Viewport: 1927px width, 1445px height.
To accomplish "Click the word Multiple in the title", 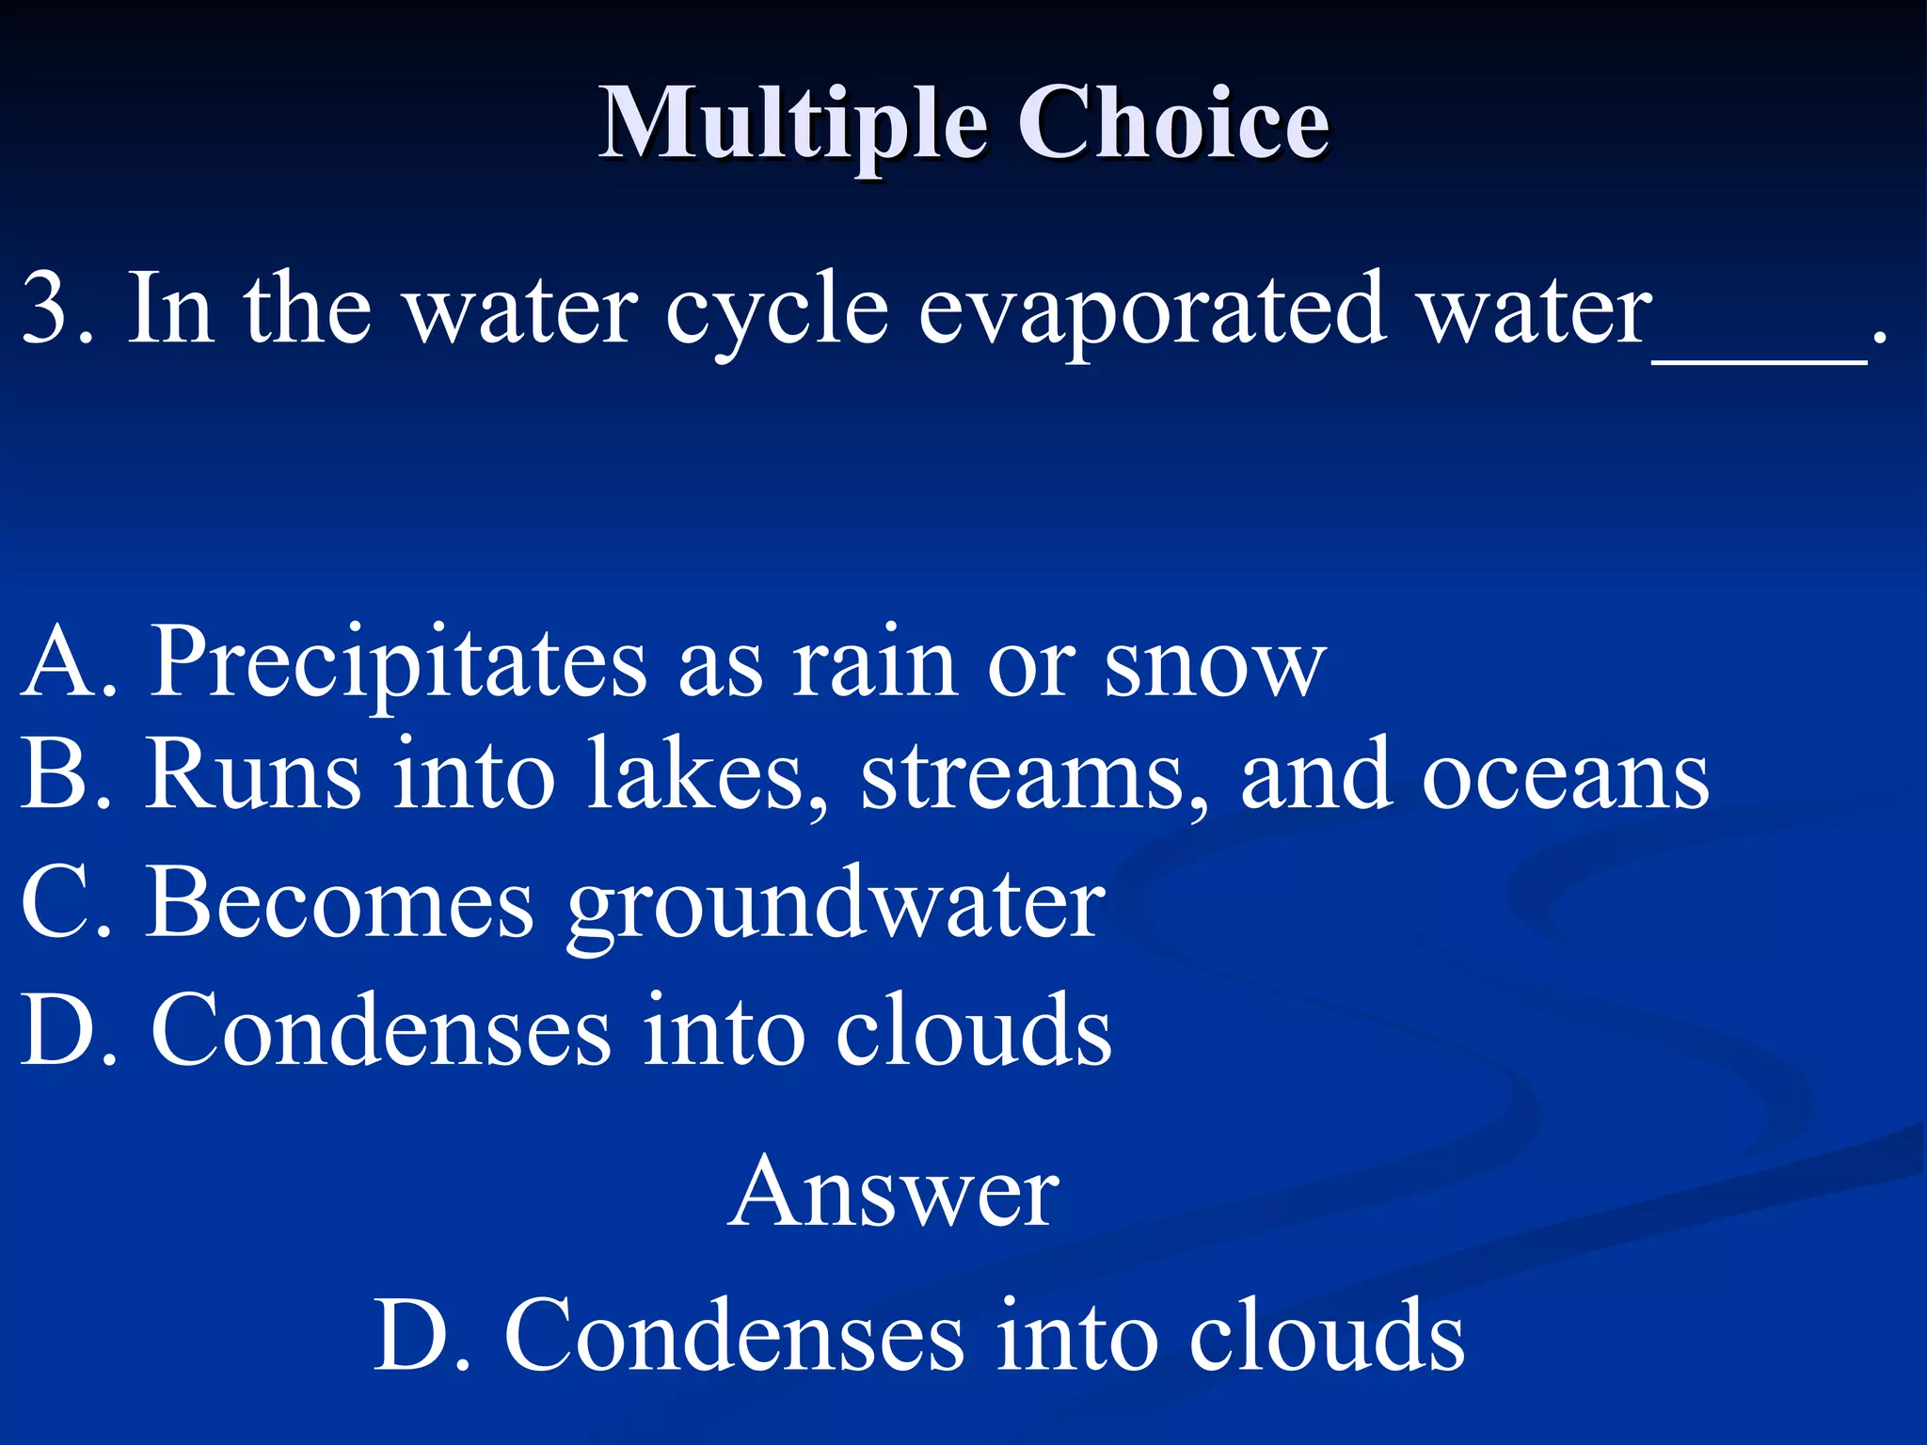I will [793, 124].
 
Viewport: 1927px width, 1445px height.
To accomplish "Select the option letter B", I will [51, 775].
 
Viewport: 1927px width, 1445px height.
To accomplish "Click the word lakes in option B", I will [706, 775].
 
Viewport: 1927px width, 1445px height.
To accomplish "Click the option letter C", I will [53, 903].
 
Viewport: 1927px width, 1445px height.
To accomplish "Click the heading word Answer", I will [893, 1193].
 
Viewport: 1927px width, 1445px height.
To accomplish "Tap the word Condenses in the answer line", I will [734, 1336].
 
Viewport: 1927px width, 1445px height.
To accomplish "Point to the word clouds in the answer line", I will [1327, 1336].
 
